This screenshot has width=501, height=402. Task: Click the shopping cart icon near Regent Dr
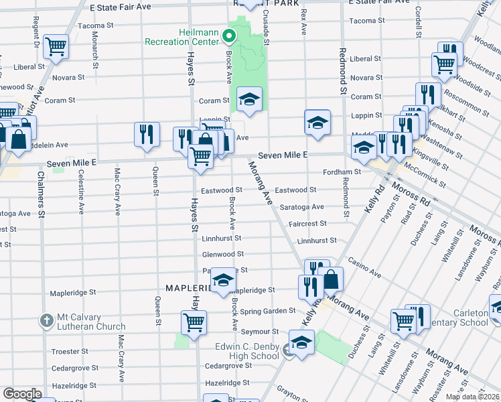56,47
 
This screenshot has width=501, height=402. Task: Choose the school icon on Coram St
249,100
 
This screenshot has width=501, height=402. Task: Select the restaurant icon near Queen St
147,134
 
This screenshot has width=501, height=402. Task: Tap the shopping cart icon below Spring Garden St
194,322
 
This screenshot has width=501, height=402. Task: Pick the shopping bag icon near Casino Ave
331,279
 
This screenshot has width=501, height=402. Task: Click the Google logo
22,394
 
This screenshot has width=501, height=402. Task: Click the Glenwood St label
223,255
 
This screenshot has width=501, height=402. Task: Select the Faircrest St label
307,223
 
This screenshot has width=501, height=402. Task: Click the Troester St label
75,351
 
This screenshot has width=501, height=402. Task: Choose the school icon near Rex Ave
317,122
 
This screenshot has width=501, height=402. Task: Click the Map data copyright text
473,397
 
